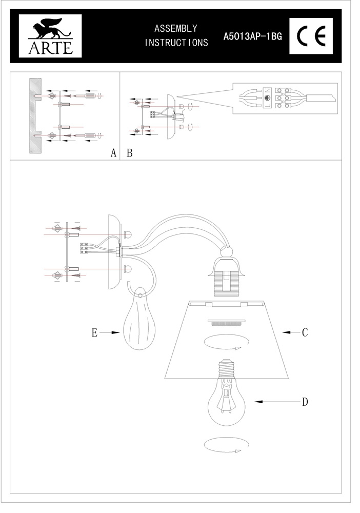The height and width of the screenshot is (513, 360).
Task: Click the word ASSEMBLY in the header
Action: pyautogui.click(x=176, y=29)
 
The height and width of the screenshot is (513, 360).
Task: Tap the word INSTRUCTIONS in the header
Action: pyautogui.click(x=176, y=43)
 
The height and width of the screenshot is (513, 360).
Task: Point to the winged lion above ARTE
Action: pyautogui.click(x=47, y=29)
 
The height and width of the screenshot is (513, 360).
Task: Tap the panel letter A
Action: pyautogui.click(x=113, y=153)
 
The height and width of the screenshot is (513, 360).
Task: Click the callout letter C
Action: pyautogui.click(x=305, y=332)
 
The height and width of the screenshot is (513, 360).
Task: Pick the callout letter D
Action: pyautogui.click(x=305, y=402)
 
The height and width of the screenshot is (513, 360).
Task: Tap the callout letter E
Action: pyautogui.click(x=94, y=333)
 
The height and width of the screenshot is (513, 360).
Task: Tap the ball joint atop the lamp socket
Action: pyautogui.click(x=226, y=251)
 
